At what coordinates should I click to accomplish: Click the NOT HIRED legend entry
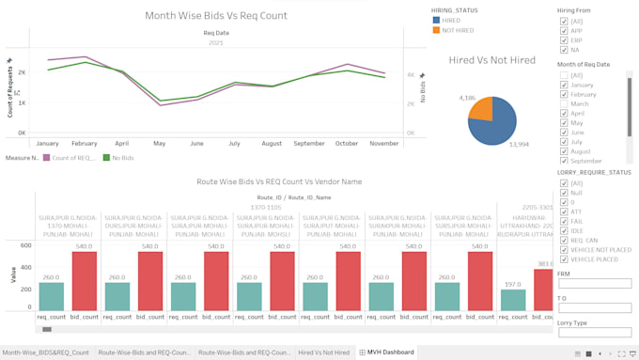[x=455, y=30]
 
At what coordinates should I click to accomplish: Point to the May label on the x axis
[x=160, y=144]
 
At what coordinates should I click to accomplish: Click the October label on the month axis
[x=347, y=144]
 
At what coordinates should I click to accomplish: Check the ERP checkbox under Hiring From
[x=564, y=40]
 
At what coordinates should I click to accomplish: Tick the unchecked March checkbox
[x=564, y=104]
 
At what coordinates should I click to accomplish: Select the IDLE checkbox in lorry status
[x=564, y=230]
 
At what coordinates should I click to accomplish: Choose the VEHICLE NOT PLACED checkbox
[x=564, y=249]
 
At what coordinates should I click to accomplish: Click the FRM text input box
[x=594, y=283]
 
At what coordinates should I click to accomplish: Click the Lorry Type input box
[x=594, y=334]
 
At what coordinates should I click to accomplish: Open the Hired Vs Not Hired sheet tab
[x=323, y=352]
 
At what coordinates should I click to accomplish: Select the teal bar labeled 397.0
[x=513, y=300]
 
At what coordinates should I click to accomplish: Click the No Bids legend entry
[x=118, y=158]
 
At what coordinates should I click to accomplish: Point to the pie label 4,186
[x=467, y=98]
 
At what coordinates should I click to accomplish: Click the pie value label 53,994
[x=518, y=144]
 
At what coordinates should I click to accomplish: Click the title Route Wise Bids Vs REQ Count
[x=279, y=180]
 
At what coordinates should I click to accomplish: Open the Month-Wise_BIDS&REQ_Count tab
[x=45, y=352]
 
